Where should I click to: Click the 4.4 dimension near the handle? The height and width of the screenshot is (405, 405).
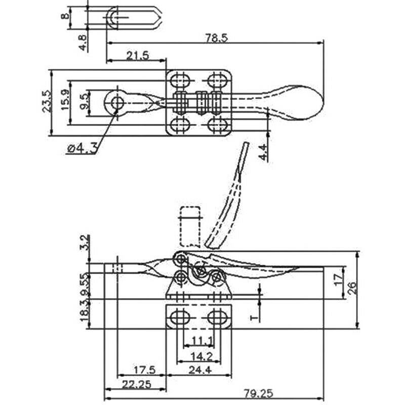tap(262, 152)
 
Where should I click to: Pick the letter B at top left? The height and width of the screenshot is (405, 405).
tap(65, 16)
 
